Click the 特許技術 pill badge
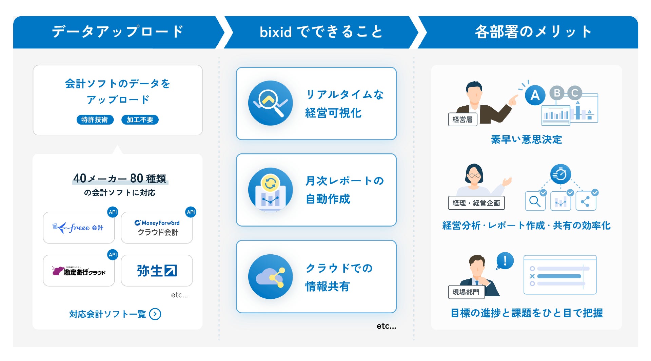click(95, 120)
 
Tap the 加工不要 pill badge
click(140, 120)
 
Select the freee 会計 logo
click(78, 228)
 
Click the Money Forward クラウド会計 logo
click(157, 228)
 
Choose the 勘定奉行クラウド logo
click(79, 271)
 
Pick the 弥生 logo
click(157, 271)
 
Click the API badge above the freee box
click(113, 212)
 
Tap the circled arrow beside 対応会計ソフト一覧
click(155, 314)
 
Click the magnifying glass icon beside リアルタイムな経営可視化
click(270, 103)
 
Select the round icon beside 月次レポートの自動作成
click(270, 190)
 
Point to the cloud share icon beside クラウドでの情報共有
click(270, 277)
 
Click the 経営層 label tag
click(462, 120)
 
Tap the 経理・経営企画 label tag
click(476, 203)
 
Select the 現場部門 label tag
click(466, 292)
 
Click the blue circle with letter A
click(535, 95)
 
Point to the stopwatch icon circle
click(560, 174)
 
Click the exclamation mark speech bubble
click(505, 261)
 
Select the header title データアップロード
click(118, 32)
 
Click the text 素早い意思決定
click(526, 140)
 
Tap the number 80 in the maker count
click(137, 178)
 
